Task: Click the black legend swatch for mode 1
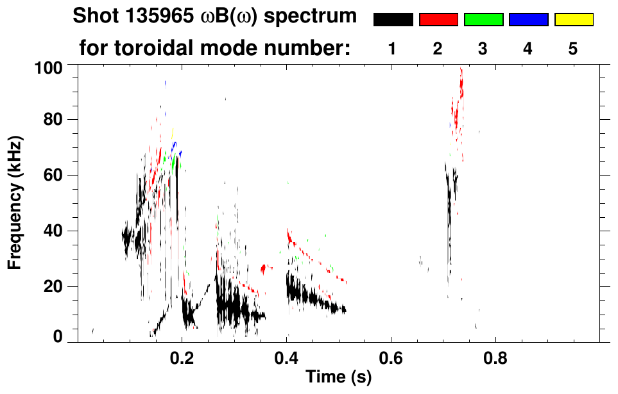point(393,20)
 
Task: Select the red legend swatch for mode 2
point(438,20)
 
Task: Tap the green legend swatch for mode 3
point(483,20)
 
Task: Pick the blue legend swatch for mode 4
point(528,20)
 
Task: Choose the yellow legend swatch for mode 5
point(574,20)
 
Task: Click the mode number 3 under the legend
point(483,49)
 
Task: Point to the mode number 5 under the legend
point(573,49)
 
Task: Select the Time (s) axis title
point(338,377)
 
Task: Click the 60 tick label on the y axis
point(53,176)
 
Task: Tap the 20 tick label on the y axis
point(53,286)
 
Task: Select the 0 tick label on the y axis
point(58,337)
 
